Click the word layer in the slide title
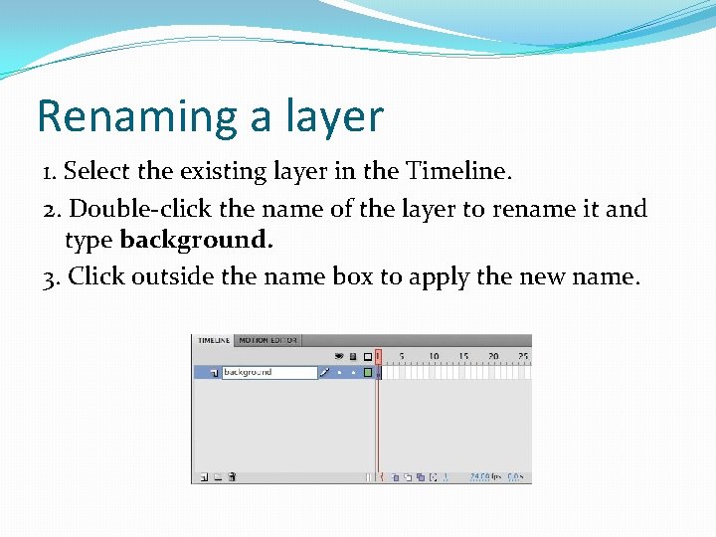pos(330,116)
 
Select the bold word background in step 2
pos(196,240)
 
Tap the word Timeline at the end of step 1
pos(458,171)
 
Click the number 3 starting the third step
pos(50,275)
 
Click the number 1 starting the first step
pos(49,171)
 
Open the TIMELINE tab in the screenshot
pos(214,340)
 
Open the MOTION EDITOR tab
pos(268,340)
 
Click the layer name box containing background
pos(268,372)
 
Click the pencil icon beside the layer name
pos(324,373)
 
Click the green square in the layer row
pos(367,373)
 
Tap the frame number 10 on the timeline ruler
pos(434,356)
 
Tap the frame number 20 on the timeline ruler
pos(492,356)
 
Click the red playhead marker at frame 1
pos(378,356)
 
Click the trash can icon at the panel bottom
pos(232,477)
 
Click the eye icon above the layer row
pos(339,356)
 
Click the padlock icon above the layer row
pos(352,356)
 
